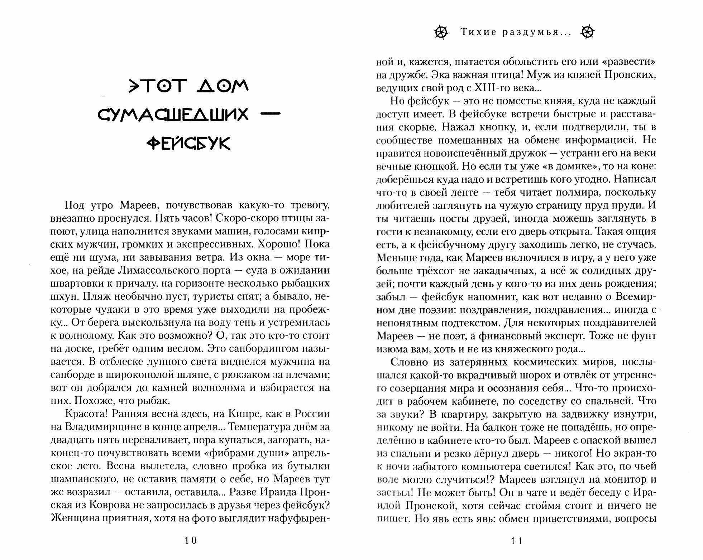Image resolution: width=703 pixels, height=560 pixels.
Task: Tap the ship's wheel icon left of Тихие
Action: (441, 32)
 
